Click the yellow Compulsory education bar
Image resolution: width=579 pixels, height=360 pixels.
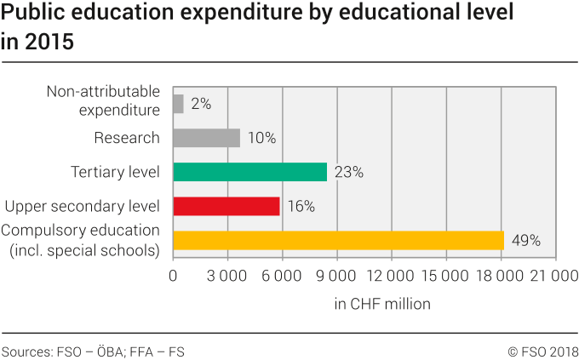[338, 240]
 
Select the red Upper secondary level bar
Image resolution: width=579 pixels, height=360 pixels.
[226, 206]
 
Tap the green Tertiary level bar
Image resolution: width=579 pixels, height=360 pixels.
[249, 172]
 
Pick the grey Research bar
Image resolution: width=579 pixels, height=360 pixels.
[206, 138]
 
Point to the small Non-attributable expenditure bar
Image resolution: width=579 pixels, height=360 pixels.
[178, 104]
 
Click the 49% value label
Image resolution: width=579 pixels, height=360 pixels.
[526, 241]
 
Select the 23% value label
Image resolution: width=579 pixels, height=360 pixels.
[349, 173]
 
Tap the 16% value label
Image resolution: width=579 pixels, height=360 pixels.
[301, 207]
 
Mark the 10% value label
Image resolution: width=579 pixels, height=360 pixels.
[262, 139]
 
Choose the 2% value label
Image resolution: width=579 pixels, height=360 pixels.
[201, 105]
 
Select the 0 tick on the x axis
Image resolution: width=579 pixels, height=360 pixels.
[173, 276]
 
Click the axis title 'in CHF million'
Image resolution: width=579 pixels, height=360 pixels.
[382, 303]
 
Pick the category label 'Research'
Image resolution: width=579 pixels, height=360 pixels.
[127, 138]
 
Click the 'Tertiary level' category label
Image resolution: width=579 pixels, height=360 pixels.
[115, 172]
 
